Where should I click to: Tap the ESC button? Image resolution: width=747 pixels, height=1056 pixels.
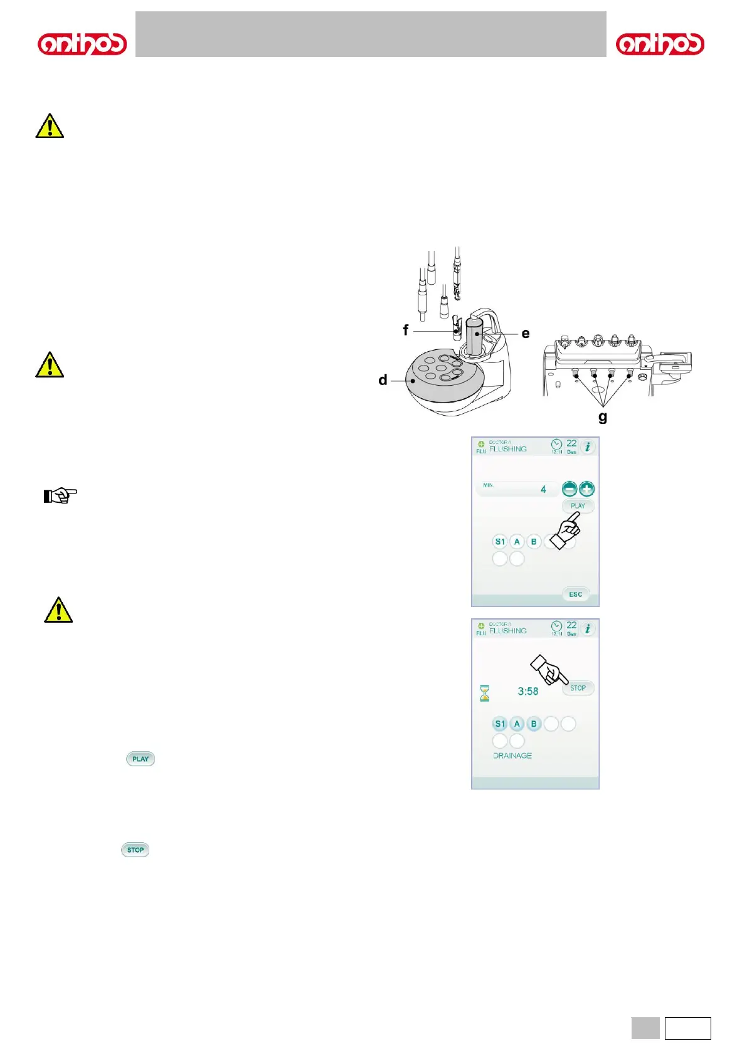(575, 594)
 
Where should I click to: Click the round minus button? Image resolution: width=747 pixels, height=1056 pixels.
(570, 489)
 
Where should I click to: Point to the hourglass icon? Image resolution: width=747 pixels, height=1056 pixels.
(485, 693)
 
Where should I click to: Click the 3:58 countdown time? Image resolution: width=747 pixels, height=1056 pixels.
(527, 691)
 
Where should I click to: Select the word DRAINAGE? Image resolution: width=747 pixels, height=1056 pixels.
(512, 756)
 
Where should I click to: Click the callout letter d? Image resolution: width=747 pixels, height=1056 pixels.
(383, 380)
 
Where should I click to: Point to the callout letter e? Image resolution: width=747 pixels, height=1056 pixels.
(526, 334)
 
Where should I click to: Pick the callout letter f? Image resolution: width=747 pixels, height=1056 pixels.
(406, 330)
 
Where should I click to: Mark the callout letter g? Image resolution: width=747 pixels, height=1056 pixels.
(603, 417)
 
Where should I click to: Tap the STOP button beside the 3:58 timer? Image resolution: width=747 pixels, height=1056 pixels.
(578, 688)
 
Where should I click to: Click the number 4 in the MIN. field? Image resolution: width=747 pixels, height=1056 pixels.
(543, 489)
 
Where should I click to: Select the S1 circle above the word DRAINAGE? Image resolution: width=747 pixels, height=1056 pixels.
(500, 724)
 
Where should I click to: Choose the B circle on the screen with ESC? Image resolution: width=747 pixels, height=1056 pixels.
(534, 541)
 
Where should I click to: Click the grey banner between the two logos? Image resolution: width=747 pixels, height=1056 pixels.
(371, 34)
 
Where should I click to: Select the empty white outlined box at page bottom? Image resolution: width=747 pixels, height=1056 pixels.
(687, 1028)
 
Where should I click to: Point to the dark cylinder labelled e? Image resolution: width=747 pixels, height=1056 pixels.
(475, 335)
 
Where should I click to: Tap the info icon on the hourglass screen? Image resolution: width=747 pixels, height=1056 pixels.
(587, 629)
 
